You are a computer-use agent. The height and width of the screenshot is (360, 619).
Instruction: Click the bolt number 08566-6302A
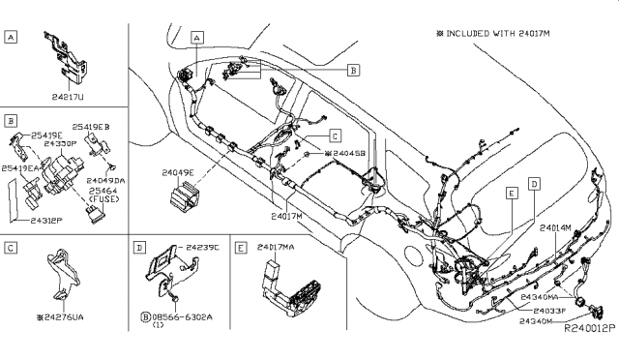[185, 315]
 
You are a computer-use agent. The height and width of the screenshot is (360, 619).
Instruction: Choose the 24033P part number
[545, 309]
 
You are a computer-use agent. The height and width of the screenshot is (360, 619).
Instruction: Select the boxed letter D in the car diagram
[534, 183]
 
